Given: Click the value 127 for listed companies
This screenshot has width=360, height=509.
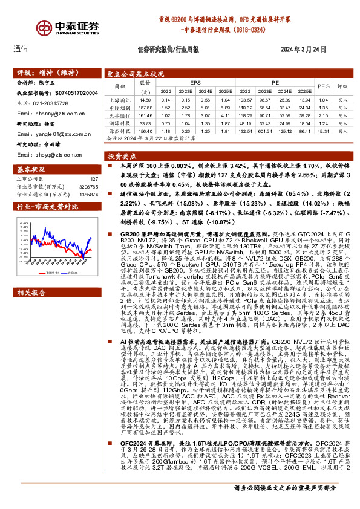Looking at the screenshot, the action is [x=94, y=179].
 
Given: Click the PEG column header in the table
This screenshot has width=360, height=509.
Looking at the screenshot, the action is [x=323, y=86].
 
